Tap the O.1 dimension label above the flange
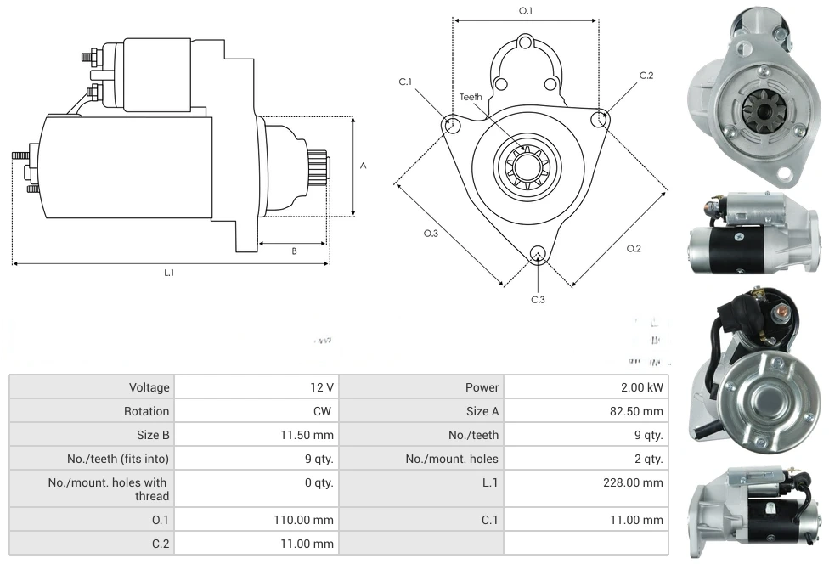(526, 11)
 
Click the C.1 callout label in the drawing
(405, 82)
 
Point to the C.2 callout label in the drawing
(646, 76)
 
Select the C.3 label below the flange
(538, 299)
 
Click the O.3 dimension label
(431, 234)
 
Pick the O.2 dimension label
(634, 248)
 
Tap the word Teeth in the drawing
(471, 97)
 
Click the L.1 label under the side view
(169, 273)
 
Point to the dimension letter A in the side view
(363, 166)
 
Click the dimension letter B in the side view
(294, 251)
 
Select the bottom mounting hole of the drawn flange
(537, 253)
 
